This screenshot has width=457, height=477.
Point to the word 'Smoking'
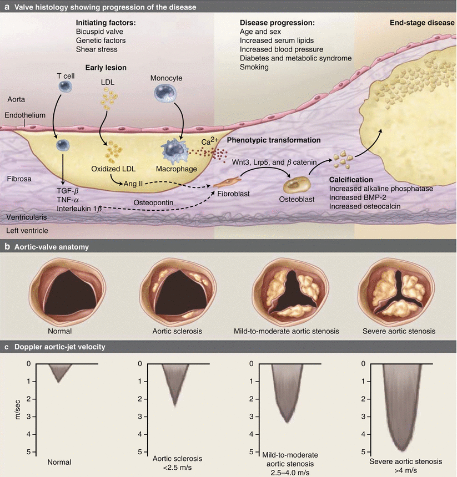(x=254, y=67)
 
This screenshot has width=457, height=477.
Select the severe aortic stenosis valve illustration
(x=395, y=290)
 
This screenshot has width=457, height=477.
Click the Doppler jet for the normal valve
(x=58, y=371)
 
